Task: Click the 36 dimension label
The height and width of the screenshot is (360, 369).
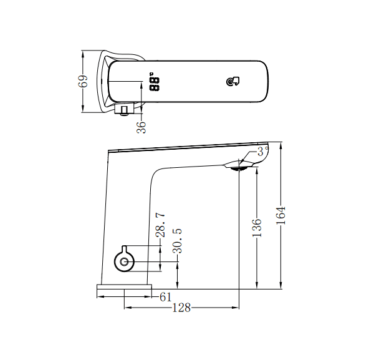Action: [x=142, y=127]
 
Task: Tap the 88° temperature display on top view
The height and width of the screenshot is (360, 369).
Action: [x=154, y=84]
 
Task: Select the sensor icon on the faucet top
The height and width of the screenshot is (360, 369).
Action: [x=233, y=82]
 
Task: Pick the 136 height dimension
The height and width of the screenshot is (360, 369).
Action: [x=257, y=227]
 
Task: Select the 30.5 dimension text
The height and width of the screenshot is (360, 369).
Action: [x=178, y=240]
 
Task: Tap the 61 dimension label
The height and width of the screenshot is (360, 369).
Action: [x=165, y=297]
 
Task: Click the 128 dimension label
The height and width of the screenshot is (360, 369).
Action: [x=181, y=308]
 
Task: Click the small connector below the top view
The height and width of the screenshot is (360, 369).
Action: [x=124, y=111]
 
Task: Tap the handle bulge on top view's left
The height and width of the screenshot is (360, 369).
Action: [x=103, y=81]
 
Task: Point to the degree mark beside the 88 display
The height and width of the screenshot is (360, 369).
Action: [x=151, y=75]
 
